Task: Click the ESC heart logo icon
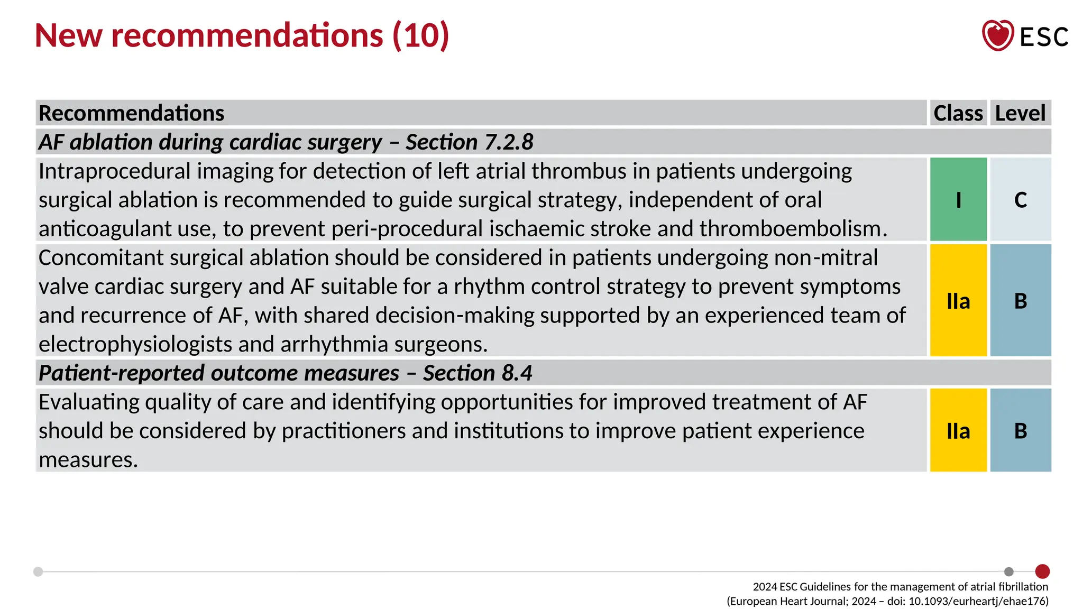(x=997, y=35)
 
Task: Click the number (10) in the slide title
(x=421, y=35)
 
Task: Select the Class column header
(x=958, y=113)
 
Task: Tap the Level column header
(x=1020, y=113)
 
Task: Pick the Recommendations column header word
(x=132, y=113)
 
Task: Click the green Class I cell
(x=958, y=200)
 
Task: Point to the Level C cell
(x=1021, y=200)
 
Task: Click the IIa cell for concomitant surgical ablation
(x=958, y=301)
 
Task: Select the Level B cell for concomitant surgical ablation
(x=1021, y=301)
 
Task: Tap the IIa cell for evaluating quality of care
(x=958, y=431)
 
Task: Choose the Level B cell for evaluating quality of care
(x=1021, y=431)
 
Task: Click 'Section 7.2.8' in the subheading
(x=470, y=142)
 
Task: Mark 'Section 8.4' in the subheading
(x=478, y=373)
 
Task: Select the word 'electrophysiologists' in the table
(x=135, y=345)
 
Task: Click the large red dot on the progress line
(x=1042, y=571)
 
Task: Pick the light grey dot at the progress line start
(x=38, y=571)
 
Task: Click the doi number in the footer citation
(x=978, y=601)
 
